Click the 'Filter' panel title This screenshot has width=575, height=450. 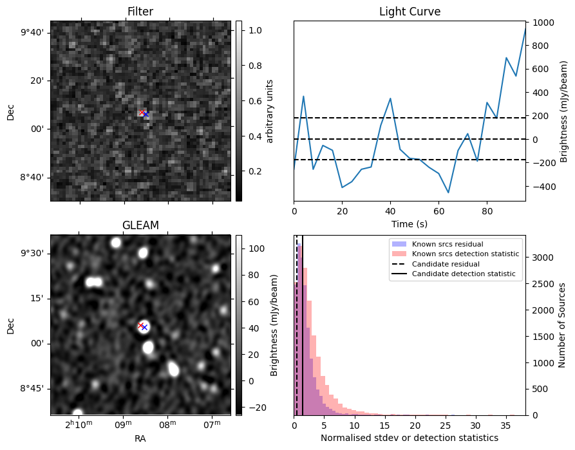(140, 12)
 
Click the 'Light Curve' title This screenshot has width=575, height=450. (410, 12)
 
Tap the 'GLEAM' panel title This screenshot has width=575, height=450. (140, 225)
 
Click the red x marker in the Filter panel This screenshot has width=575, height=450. (142, 113)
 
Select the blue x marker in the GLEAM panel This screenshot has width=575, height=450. (145, 328)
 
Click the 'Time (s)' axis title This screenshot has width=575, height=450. (410, 223)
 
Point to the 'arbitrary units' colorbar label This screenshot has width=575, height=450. (270, 111)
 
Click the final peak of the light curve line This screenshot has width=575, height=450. (525, 28)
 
